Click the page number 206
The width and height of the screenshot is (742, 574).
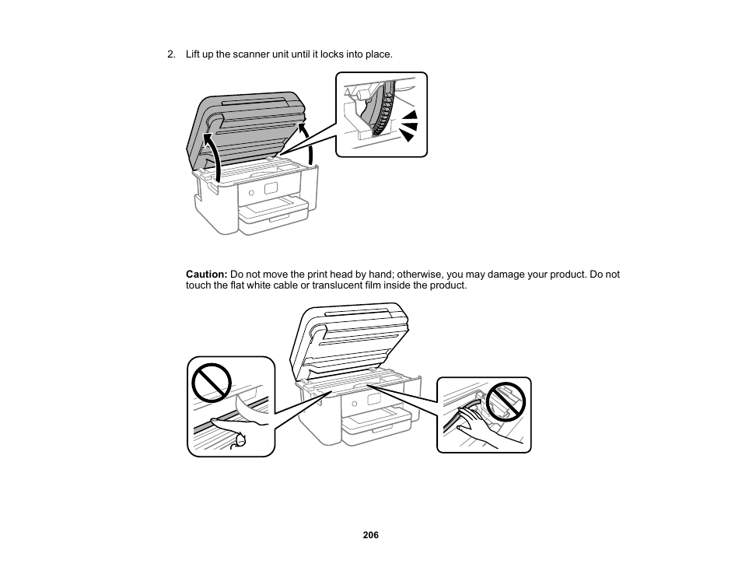click(x=370, y=535)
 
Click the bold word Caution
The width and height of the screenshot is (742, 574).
click(x=205, y=275)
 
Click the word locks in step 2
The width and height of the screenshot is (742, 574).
click(x=336, y=54)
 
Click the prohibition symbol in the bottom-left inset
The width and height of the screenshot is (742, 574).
click(x=212, y=381)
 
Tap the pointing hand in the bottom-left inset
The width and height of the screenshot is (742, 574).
click(x=241, y=429)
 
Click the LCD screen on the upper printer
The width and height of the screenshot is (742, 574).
click(x=271, y=189)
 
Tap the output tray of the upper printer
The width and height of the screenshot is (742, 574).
click(x=272, y=210)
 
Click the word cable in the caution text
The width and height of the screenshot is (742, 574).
click(x=285, y=285)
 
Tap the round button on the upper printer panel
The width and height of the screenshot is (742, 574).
click(x=252, y=192)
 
